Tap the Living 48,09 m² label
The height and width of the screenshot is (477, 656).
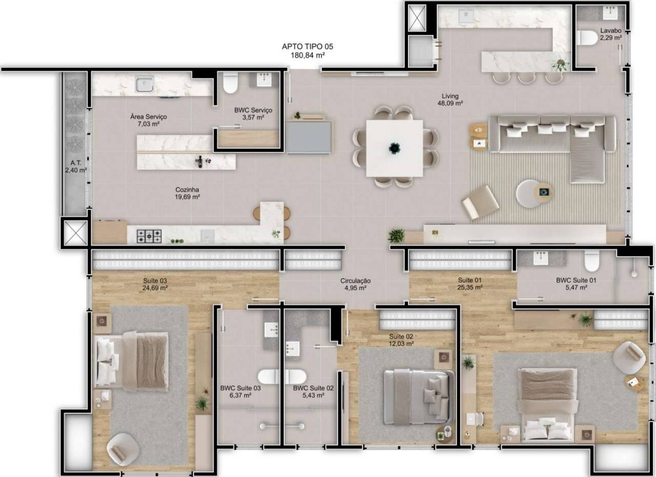[450, 99]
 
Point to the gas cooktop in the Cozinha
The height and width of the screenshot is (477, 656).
[149, 236]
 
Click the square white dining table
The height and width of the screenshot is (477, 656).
[394, 148]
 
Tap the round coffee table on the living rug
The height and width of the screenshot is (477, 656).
[529, 194]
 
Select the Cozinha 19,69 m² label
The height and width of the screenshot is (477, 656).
[187, 193]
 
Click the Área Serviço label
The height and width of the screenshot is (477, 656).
[149, 117]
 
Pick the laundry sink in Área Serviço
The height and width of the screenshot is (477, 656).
[145, 84]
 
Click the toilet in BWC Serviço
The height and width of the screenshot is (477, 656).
[230, 83]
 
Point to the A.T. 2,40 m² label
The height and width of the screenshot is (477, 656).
[76, 167]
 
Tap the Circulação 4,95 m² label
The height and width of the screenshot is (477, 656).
[356, 284]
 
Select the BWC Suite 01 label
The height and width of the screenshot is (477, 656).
[576, 280]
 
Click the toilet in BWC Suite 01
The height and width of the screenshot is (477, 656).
[591, 261]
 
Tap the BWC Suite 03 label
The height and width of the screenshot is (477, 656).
[240, 388]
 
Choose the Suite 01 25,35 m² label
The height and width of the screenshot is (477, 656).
[470, 284]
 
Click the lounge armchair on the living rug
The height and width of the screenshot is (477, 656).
[480, 202]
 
